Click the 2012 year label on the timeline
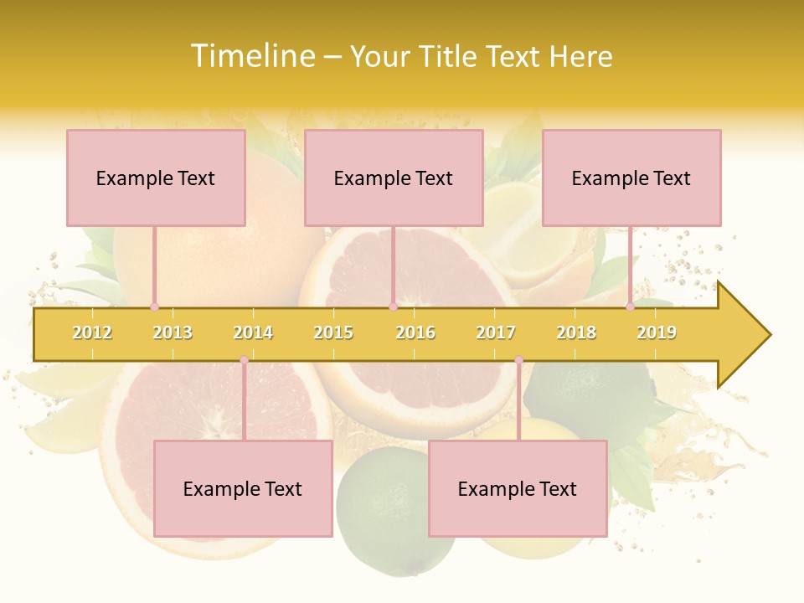tap(92, 332)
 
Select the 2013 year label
tap(173, 332)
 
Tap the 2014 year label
tap(253, 332)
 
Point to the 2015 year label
tap(333, 332)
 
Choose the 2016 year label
tap(415, 332)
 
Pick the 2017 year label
tap(496, 332)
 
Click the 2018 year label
tap(576, 332)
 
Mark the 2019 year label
tap(657, 332)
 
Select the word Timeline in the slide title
tap(252, 56)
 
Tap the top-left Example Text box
tap(156, 178)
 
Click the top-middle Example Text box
tap(394, 178)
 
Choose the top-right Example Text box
tap(631, 178)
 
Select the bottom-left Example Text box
tap(243, 488)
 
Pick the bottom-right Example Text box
tap(518, 488)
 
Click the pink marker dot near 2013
tap(154, 307)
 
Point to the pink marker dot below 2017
tap(518, 360)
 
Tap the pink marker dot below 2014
tap(244, 360)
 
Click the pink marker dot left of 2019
tap(630, 307)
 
